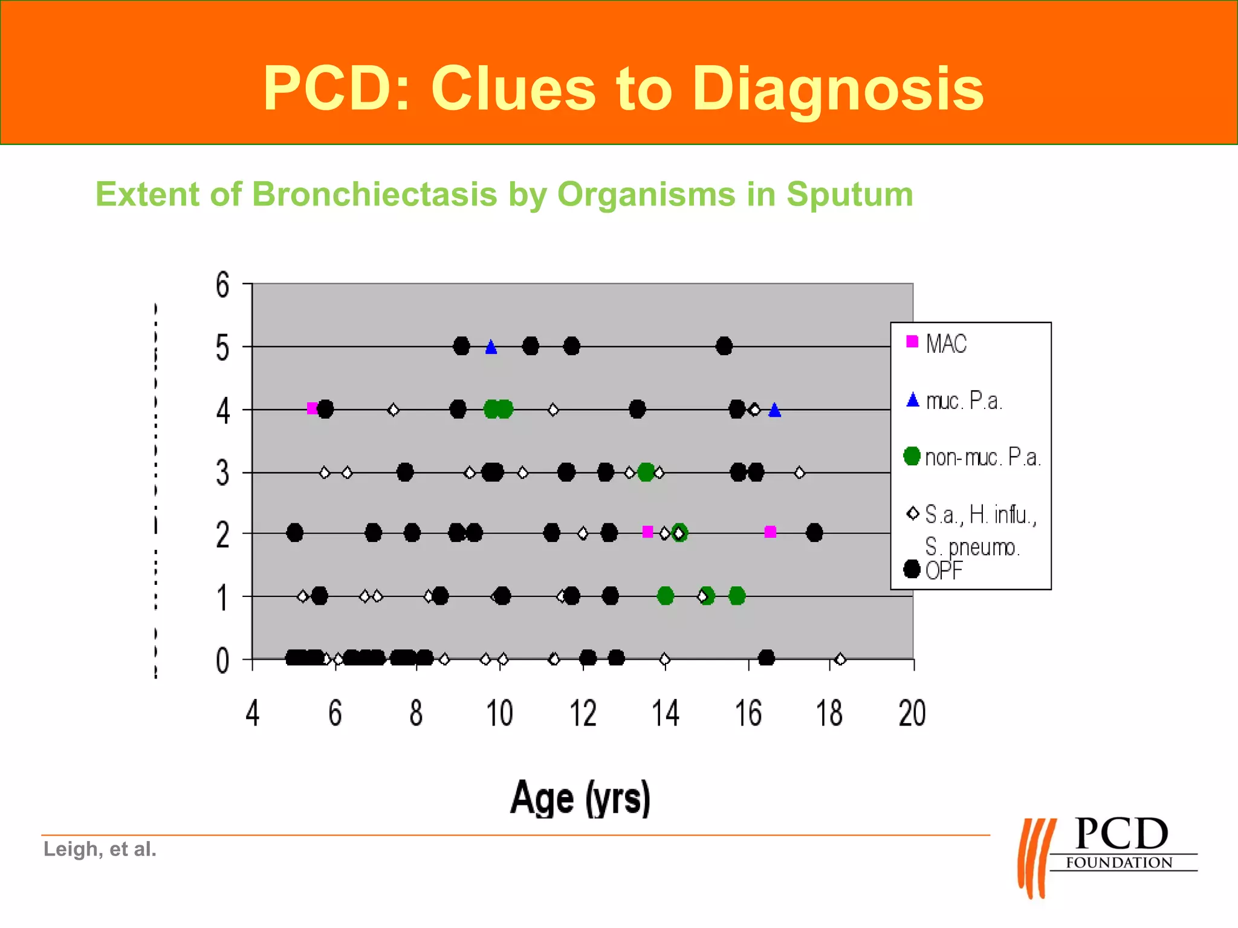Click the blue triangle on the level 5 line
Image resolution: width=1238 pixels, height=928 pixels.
click(x=491, y=347)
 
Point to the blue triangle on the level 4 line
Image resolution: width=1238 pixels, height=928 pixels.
click(x=775, y=411)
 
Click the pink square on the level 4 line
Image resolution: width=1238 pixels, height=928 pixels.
click(x=312, y=408)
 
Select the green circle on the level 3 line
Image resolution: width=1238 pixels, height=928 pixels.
click(x=646, y=472)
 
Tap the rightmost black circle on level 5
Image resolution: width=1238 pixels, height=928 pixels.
click(x=724, y=346)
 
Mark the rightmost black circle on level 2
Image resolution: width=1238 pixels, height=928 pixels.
click(x=814, y=533)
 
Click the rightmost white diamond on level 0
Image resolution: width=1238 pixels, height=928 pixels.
click(x=840, y=659)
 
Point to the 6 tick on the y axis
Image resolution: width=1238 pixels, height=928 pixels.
click(x=222, y=285)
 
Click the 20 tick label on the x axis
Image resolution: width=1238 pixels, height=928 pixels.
click(x=912, y=714)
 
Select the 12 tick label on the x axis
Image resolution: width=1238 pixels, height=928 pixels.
click(x=583, y=714)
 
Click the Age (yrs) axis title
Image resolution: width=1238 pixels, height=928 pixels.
click(x=580, y=798)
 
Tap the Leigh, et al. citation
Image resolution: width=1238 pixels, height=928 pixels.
click(x=100, y=849)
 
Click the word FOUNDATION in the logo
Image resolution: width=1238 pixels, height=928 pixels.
click(x=1119, y=863)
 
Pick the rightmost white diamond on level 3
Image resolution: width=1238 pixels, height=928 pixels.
click(x=799, y=472)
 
